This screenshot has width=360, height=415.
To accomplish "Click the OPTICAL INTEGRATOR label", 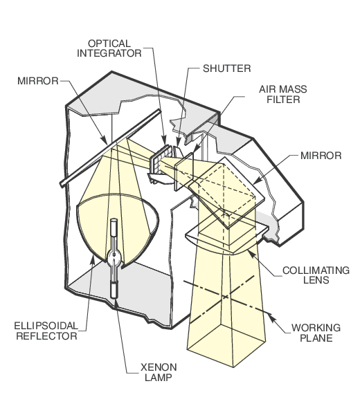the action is [x=109, y=48].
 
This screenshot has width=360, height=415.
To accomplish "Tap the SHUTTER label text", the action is [x=227, y=68].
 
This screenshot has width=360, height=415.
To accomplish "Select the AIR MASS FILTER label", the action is [x=283, y=94].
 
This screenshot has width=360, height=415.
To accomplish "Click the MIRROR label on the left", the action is [x=38, y=81].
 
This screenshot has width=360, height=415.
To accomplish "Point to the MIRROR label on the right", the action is [x=321, y=156].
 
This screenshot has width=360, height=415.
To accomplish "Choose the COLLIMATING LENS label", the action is [x=316, y=275].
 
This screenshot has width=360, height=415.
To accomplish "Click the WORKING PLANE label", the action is [x=316, y=333].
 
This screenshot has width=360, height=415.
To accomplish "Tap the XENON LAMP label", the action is [x=159, y=372].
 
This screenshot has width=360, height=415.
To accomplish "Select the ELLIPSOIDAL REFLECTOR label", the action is [x=46, y=331].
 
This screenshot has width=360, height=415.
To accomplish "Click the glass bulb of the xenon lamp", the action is [x=114, y=257].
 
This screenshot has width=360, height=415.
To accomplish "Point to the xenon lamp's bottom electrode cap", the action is [x=114, y=290].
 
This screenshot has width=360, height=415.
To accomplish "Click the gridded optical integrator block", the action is [x=160, y=160].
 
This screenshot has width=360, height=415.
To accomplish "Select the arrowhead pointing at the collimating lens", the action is [x=251, y=254].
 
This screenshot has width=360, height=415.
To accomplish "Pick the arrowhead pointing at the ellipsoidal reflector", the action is [x=93, y=260].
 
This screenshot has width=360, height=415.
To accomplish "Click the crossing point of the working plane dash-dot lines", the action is [x=226, y=297].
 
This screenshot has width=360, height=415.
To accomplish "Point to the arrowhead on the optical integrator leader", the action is [x=164, y=140].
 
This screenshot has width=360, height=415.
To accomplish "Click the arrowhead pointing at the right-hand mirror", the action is [x=258, y=181].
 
